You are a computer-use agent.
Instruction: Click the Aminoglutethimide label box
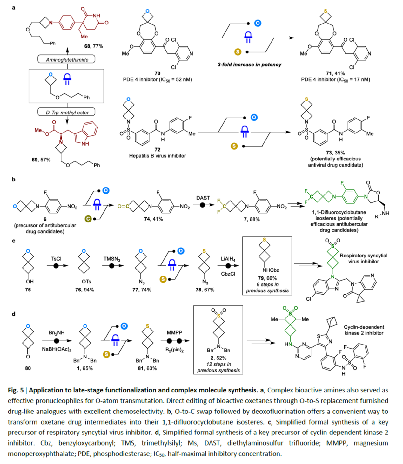tap(67, 59)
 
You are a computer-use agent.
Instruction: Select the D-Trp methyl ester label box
tap(67, 113)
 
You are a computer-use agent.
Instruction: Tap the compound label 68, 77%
tap(93, 46)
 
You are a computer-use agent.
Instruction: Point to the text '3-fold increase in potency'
tap(249, 65)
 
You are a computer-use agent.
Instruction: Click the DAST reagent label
tap(203, 198)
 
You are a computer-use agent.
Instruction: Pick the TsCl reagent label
tap(56, 259)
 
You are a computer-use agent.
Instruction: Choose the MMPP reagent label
tap(174, 332)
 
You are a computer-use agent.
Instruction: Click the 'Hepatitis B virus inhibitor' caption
tap(157, 156)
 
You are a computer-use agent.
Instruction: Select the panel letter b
tap(14, 179)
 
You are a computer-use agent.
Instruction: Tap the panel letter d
tap(14, 314)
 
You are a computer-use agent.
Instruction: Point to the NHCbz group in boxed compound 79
tap(271, 270)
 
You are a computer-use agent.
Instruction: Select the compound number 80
tap(28, 368)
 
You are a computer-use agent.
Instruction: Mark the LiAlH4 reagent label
tap(228, 259)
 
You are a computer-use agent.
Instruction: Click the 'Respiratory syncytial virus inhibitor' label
tap(363, 258)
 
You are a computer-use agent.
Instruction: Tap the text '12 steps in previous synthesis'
tap(218, 367)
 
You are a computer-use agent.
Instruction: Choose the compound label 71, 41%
tap(335, 73)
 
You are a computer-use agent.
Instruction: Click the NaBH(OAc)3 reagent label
tap(57, 349)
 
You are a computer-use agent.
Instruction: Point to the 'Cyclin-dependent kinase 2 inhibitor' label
tap(364, 330)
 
